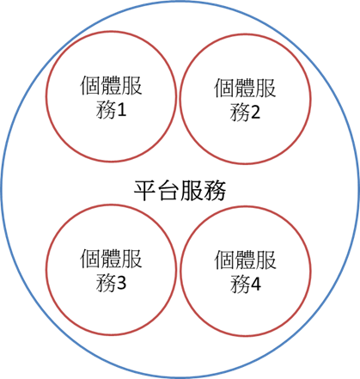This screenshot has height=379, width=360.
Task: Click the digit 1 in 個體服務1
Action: point(121,110)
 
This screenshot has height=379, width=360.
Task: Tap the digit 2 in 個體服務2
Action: point(255,113)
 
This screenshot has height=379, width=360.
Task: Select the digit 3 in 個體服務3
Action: point(121,283)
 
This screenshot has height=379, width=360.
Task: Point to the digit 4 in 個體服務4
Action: point(255,284)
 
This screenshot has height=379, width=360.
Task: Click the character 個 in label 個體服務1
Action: point(89,85)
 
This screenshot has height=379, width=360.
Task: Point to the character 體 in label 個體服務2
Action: point(245,88)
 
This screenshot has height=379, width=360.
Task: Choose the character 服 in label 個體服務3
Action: point(131,259)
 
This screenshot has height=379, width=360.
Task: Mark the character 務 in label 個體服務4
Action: point(240,284)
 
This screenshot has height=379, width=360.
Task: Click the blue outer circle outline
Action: point(2,190)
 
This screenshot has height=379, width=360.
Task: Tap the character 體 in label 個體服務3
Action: point(111,259)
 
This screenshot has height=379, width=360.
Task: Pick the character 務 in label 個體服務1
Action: point(106,110)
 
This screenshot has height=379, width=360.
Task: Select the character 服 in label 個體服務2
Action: point(265,88)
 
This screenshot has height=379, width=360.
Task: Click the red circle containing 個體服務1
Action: point(46,96)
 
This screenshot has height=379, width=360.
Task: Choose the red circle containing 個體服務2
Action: point(180,99)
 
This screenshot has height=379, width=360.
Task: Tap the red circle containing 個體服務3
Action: point(46,269)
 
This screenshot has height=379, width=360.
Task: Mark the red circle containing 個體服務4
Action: point(180,271)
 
